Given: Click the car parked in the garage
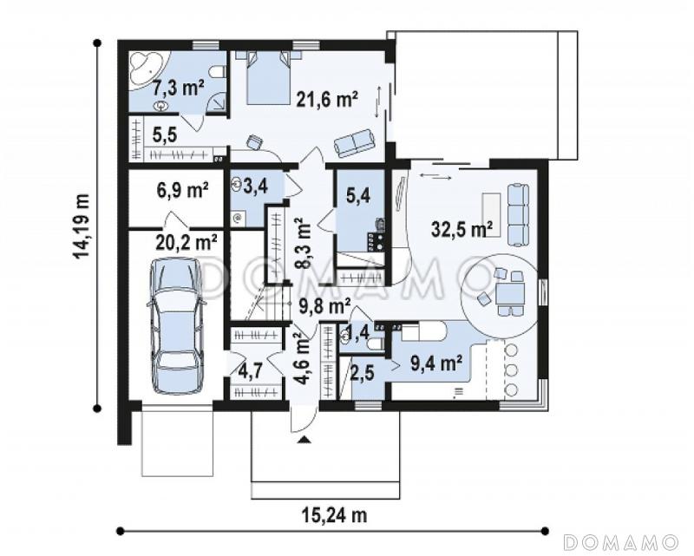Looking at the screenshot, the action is [x=177, y=325].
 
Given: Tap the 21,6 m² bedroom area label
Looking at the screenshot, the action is [x=327, y=100].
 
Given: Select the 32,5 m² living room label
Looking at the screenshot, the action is [x=462, y=229].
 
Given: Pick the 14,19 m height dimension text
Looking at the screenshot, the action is [x=82, y=226].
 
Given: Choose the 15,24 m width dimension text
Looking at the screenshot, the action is [x=335, y=515].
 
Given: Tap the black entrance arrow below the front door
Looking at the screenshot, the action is [x=304, y=439].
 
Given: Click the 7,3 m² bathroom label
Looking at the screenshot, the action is [x=179, y=88].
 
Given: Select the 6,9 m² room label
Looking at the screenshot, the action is [x=182, y=190].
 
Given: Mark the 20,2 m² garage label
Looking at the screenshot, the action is [x=187, y=242].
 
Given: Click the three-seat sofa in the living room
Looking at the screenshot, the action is [x=518, y=215].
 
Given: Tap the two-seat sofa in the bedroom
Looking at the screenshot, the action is [x=354, y=142].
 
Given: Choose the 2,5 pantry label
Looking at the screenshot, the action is [x=363, y=372].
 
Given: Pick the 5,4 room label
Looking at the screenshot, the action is [x=357, y=196].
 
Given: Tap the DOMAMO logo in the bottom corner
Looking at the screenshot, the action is [x=621, y=541].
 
